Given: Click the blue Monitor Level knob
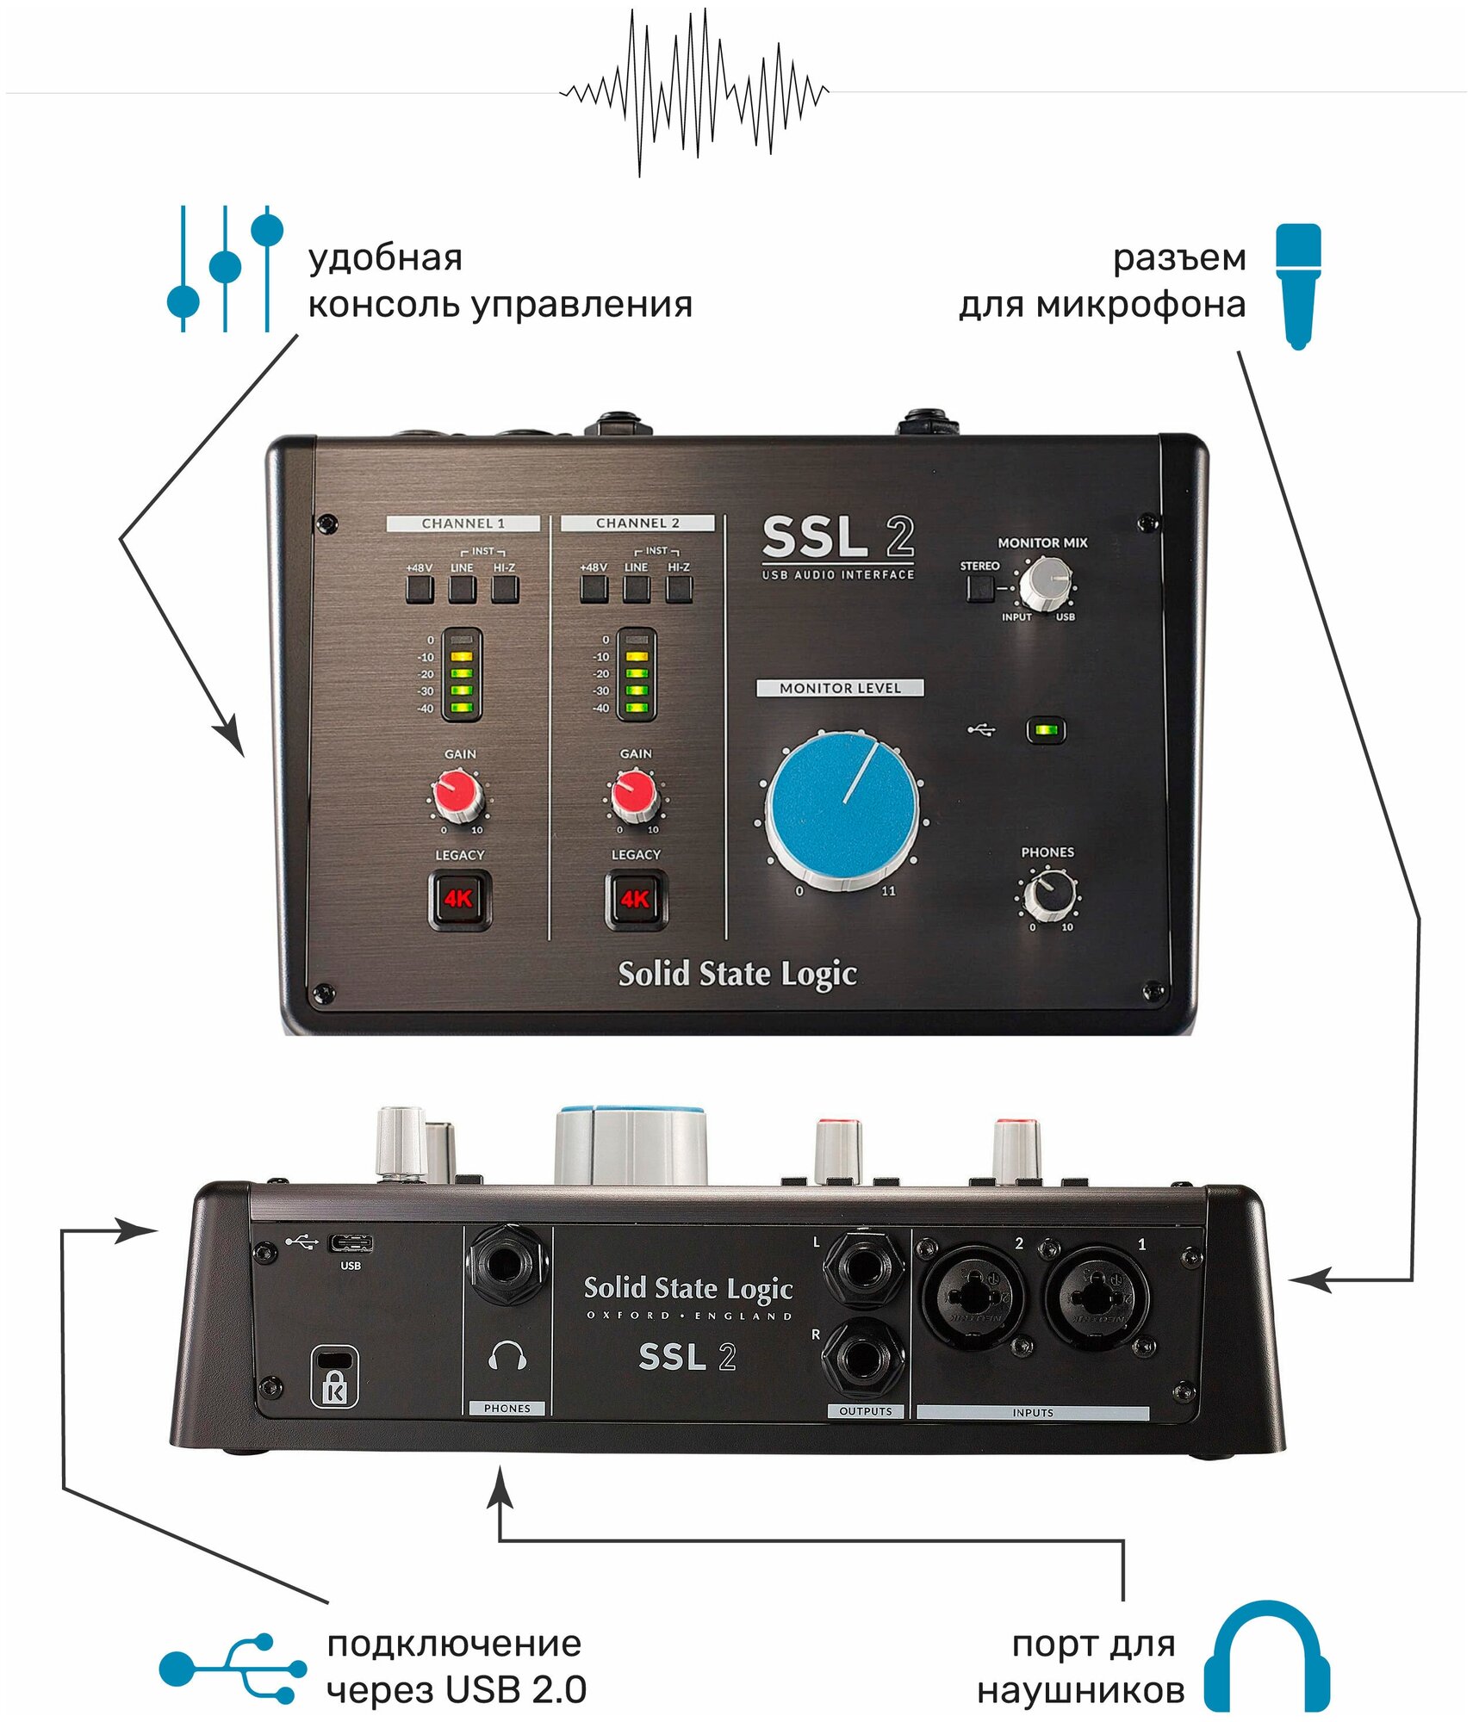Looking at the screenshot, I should pyautogui.click(x=842, y=807).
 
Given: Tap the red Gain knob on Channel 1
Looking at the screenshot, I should pyautogui.click(x=457, y=794).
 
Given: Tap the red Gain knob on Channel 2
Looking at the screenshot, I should pyautogui.click(x=635, y=794).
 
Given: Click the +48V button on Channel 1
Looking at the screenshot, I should pyautogui.click(x=420, y=589).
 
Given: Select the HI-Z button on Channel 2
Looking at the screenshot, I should pyautogui.click(x=679, y=589).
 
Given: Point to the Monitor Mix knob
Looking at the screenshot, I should pyautogui.click(x=1045, y=582).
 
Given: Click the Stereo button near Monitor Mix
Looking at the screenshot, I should pyautogui.click(x=980, y=588).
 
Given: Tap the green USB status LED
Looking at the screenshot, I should pyautogui.click(x=1046, y=730).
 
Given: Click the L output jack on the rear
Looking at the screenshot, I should pyautogui.click(x=863, y=1268).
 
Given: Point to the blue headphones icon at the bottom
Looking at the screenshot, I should pyautogui.click(x=1266, y=1657).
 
